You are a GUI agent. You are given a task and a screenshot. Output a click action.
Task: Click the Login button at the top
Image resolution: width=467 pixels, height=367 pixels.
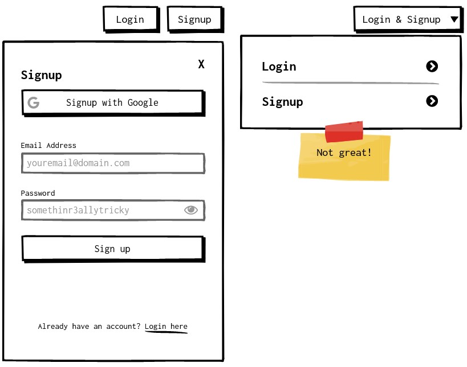(x=130, y=19)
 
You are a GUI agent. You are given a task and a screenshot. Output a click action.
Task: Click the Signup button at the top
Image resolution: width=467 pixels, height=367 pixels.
(x=194, y=19)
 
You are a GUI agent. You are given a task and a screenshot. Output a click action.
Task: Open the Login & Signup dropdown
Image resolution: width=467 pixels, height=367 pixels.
(x=402, y=19)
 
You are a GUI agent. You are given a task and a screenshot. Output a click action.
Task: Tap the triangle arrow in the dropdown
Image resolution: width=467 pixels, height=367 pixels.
(x=454, y=19)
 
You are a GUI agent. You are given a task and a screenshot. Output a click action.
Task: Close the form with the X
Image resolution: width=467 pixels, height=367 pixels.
(x=201, y=64)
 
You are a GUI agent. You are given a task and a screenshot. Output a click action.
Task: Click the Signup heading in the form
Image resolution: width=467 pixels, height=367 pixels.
(x=42, y=75)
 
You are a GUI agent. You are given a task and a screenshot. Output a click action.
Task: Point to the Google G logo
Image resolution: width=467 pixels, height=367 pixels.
(x=34, y=102)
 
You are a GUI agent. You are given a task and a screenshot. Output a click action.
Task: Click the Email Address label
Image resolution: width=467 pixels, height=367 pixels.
(x=48, y=146)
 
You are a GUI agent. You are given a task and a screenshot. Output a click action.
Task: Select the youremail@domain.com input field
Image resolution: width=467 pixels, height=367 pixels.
(x=112, y=163)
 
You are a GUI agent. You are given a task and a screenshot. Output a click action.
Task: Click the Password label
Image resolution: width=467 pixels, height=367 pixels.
(x=38, y=193)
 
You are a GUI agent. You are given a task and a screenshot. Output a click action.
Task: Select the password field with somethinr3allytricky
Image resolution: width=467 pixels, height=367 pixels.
(x=103, y=211)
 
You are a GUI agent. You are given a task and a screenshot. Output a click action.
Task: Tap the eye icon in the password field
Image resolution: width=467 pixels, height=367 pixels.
(x=191, y=210)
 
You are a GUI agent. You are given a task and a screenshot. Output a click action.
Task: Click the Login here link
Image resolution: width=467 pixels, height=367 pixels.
(x=166, y=327)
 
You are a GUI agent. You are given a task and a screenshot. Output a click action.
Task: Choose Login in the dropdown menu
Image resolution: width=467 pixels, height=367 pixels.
(x=279, y=67)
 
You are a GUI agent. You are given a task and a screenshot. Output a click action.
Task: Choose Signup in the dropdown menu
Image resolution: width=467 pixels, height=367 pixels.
(x=283, y=102)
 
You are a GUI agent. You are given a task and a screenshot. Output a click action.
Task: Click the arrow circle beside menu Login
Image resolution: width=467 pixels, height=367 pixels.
(x=432, y=67)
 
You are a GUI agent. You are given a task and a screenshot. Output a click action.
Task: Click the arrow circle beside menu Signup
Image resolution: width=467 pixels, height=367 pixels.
(x=432, y=101)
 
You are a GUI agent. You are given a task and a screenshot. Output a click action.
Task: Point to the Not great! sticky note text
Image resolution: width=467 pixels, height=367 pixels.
(x=344, y=152)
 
